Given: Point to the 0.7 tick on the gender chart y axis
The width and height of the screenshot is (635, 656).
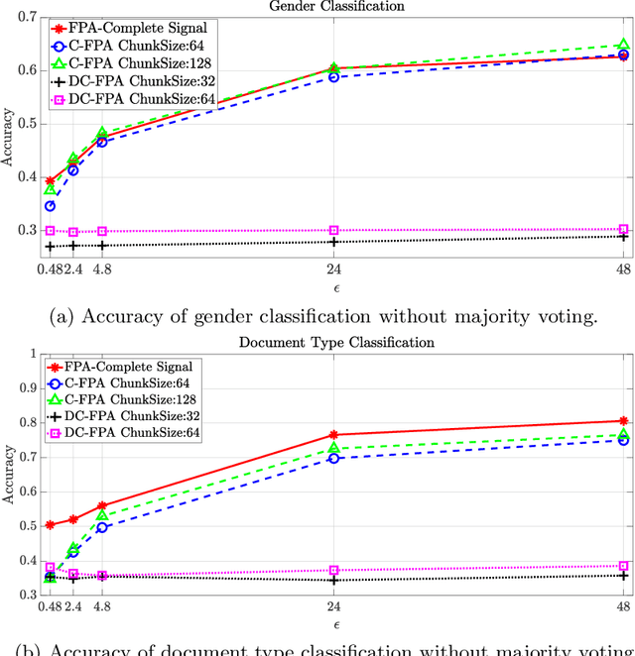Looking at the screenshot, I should (x=29, y=18).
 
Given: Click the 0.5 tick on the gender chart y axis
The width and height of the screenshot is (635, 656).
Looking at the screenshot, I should (x=29, y=124).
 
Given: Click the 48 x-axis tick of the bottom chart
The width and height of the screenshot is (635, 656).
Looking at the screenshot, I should (x=623, y=607).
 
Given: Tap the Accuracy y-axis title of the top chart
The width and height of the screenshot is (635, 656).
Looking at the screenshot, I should (x=9, y=139).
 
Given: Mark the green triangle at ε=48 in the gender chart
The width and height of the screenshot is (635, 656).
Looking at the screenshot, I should (x=623, y=45).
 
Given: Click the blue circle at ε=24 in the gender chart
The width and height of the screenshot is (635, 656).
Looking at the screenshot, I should (x=333, y=76).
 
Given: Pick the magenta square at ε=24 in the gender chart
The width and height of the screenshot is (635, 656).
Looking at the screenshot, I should (x=333, y=230).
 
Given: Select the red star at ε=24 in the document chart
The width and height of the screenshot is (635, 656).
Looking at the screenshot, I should (x=333, y=434).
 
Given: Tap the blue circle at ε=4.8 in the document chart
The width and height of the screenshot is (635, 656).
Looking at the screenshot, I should (x=101, y=527).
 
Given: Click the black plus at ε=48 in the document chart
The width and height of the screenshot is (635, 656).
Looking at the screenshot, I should (x=623, y=575).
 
